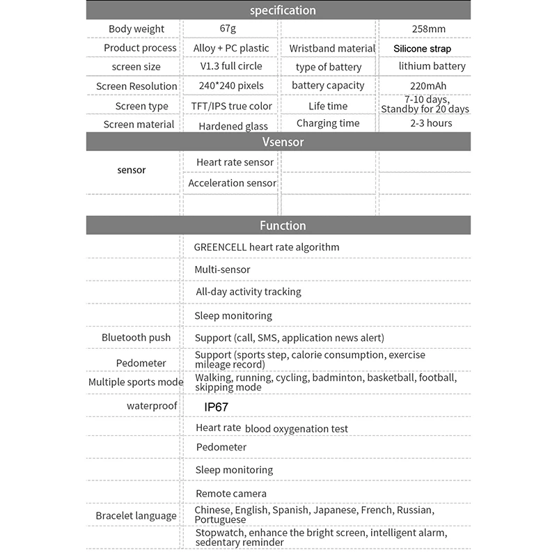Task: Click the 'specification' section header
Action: click(x=283, y=10)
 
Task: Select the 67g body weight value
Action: click(x=228, y=29)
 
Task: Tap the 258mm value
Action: click(x=428, y=29)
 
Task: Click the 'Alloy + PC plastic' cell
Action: click(x=230, y=48)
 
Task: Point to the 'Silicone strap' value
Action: click(x=422, y=49)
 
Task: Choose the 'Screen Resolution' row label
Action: click(x=136, y=86)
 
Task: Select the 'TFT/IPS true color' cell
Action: click(x=231, y=106)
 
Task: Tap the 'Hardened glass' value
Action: click(x=233, y=126)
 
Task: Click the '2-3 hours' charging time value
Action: click(x=431, y=123)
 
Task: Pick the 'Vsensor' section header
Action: click(x=283, y=141)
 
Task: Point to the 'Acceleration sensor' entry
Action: click(x=232, y=182)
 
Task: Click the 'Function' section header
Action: click(x=283, y=226)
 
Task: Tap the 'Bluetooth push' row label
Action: click(x=136, y=338)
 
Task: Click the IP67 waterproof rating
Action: click(x=217, y=407)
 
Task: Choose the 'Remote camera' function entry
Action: click(x=230, y=494)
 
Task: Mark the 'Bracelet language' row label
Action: click(x=136, y=515)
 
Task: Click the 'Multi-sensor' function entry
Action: click(x=222, y=269)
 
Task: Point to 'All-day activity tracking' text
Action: click(x=249, y=292)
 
